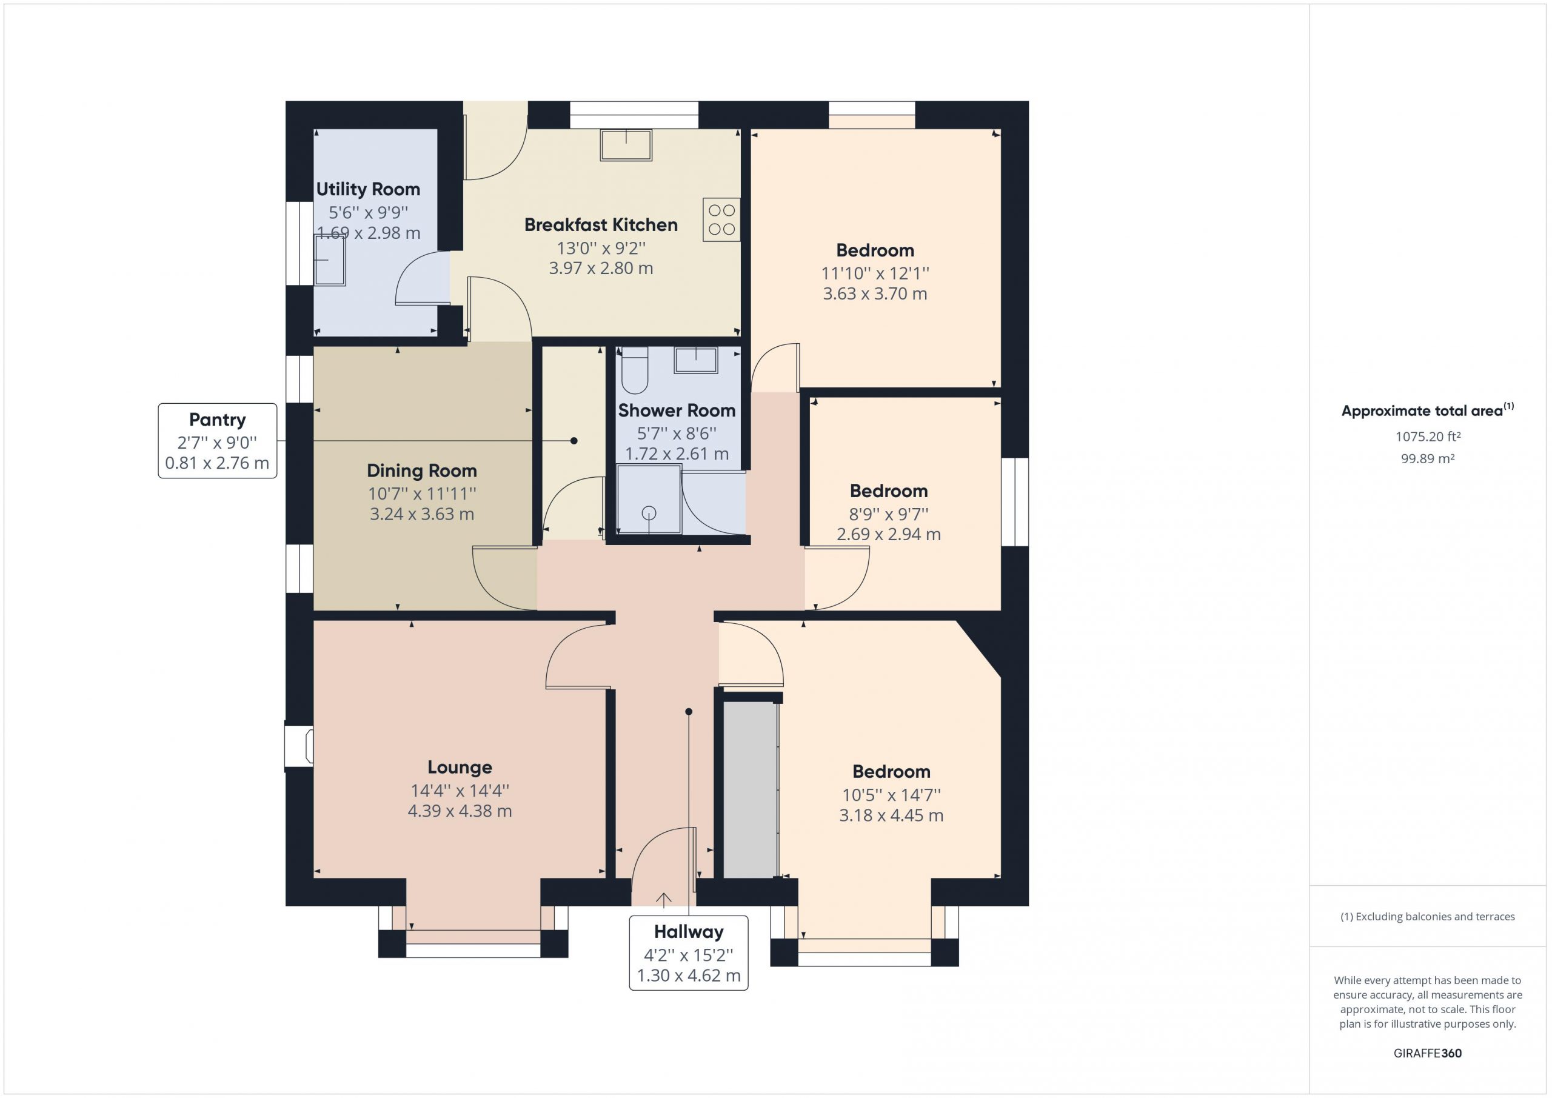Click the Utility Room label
click(368, 189)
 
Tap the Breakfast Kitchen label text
click(601, 224)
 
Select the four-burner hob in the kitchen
click(721, 219)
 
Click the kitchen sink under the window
click(626, 146)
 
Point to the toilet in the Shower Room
click(635, 370)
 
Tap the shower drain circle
click(649, 513)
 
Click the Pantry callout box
click(218, 441)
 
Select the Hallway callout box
click(689, 952)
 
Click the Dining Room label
click(422, 470)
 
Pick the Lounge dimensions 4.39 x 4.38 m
click(460, 811)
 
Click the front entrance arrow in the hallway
click(664, 899)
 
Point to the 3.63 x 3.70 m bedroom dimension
click(875, 293)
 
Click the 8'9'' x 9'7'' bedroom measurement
click(889, 514)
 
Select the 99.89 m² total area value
click(1428, 458)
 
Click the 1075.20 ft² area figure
click(1428, 437)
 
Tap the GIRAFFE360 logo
click(1428, 1053)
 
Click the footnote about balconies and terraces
click(1428, 917)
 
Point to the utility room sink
click(330, 260)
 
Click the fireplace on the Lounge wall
click(299, 746)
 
